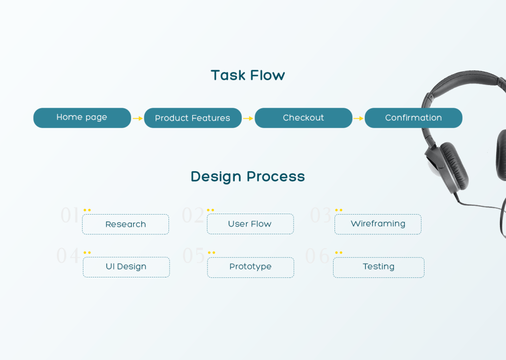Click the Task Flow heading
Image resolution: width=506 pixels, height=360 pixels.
(x=248, y=75)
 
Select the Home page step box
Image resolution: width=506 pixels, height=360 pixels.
(x=82, y=118)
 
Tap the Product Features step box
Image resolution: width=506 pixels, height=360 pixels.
(x=193, y=118)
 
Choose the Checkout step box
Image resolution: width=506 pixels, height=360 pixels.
(x=303, y=118)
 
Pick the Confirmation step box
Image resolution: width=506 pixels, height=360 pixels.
(x=413, y=118)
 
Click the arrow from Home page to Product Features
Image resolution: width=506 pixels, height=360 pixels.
(x=137, y=119)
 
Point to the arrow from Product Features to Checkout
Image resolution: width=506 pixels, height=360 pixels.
(x=248, y=119)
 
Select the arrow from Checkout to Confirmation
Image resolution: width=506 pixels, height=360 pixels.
(x=358, y=119)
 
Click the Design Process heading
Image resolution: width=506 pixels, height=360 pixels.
(x=248, y=177)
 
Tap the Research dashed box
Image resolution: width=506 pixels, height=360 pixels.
(x=126, y=224)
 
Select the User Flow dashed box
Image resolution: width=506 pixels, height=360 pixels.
(x=250, y=224)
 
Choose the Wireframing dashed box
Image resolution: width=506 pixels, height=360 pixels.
(x=378, y=224)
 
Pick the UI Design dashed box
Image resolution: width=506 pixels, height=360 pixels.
(x=126, y=267)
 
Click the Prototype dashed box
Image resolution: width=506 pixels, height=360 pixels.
(x=251, y=267)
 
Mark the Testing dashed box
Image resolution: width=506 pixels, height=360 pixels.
(x=379, y=267)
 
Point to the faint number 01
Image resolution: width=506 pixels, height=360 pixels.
(x=69, y=215)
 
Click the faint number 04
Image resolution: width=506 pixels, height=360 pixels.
(x=68, y=256)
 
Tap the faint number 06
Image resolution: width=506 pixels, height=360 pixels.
(x=317, y=256)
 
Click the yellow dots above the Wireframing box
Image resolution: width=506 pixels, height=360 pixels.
(x=339, y=210)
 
